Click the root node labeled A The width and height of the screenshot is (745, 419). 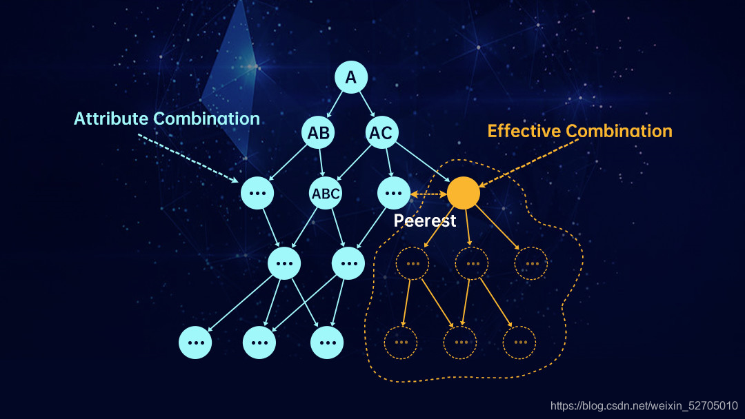coord(351,77)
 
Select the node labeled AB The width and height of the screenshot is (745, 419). coord(318,132)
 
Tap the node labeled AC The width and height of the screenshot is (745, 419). coord(381,132)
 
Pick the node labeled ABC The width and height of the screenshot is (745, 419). coord(326,193)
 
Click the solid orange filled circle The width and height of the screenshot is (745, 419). coord(464,193)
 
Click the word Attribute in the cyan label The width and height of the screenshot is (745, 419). coord(111,119)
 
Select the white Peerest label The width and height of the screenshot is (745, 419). coord(425,221)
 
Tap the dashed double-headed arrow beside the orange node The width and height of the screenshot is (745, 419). coord(428,194)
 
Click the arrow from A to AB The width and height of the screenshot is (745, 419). coord(335,105)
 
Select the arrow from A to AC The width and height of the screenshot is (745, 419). coord(367,104)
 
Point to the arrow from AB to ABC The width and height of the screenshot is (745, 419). coord(321,162)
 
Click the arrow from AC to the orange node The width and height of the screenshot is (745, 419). coord(422,162)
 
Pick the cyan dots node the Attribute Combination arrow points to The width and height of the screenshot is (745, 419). coord(257,193)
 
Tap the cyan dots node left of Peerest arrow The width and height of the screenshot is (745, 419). coord(393,193)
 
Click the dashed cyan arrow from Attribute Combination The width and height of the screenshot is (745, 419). coord(188,159)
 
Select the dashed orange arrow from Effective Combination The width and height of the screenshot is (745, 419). coord(529,163)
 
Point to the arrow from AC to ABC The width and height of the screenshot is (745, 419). coord(354,163)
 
